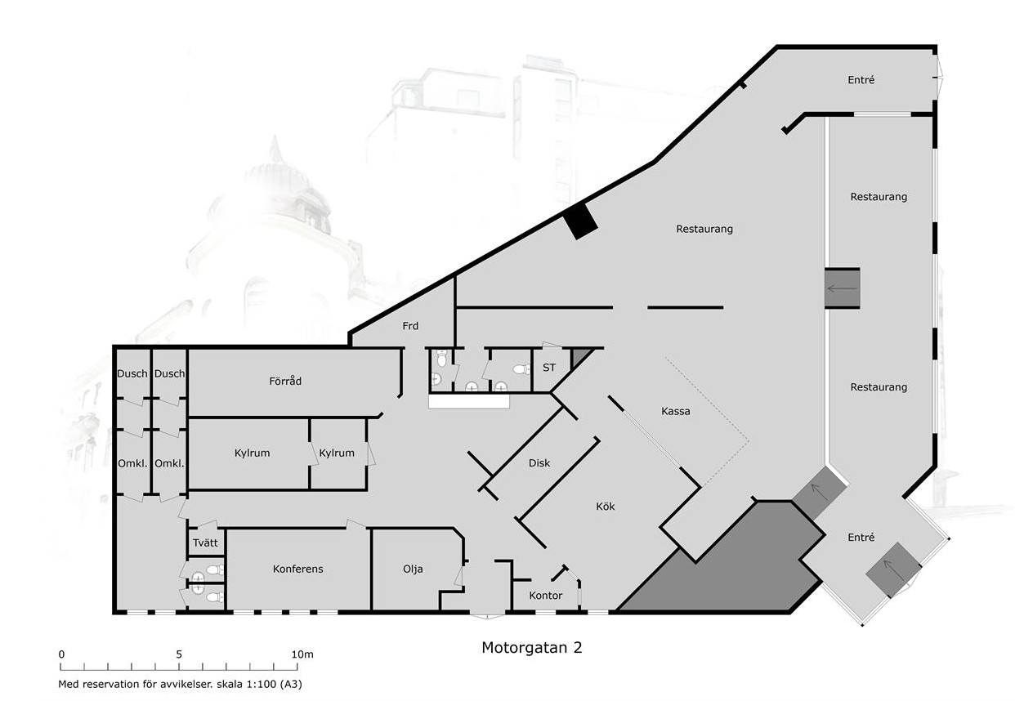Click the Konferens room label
point(297,569)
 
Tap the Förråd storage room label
point(285,381)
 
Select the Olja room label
point(413,569)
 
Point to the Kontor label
point(546,596)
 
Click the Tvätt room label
point(205,542)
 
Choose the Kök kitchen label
point(606,507)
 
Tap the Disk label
point(539,463)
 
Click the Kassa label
point(676,411)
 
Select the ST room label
point(549,368)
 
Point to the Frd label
point(410,326)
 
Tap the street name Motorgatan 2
point(531,648)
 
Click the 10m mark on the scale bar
point(302,654)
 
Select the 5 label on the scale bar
point(179,654)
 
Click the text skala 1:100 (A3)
point(259,684)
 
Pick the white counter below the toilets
point(469,401)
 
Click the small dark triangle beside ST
point(578,356)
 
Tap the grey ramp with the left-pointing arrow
point(842,288)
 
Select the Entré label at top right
point(861,80)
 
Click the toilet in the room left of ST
point(522,369)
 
